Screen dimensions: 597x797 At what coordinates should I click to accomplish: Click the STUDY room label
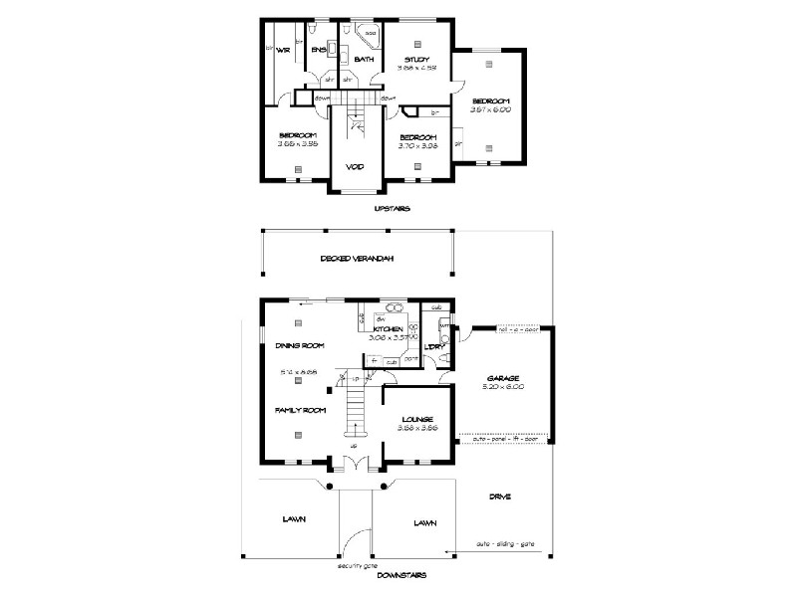(x=416, y=60)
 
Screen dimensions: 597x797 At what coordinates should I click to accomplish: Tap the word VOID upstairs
(x=354, y=166)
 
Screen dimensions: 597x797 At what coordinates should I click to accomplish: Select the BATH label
(x=364, y=60)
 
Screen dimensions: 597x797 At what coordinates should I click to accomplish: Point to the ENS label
(x=318, y=49)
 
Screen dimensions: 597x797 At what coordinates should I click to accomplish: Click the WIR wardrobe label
(x=283, y=49)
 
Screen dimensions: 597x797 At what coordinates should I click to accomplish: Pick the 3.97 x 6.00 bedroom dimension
(x=491, y=110)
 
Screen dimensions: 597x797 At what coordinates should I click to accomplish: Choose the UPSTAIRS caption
(x=393, y=209)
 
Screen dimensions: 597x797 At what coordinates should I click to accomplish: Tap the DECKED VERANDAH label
(x=357, y=259)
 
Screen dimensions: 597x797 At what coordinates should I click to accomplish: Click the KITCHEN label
(x=389, y=328)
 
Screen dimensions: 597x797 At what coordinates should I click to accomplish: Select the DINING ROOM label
(x=300, y=345)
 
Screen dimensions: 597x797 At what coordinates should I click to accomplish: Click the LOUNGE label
(x=417, y=420)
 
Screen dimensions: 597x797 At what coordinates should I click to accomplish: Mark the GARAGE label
(x=504, y=378)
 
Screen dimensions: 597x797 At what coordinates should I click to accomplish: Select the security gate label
(x=357, y=564)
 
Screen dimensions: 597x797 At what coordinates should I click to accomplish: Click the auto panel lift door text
(x=505, y=438)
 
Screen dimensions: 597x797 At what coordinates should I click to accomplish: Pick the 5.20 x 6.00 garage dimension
(x=504, y=387)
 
